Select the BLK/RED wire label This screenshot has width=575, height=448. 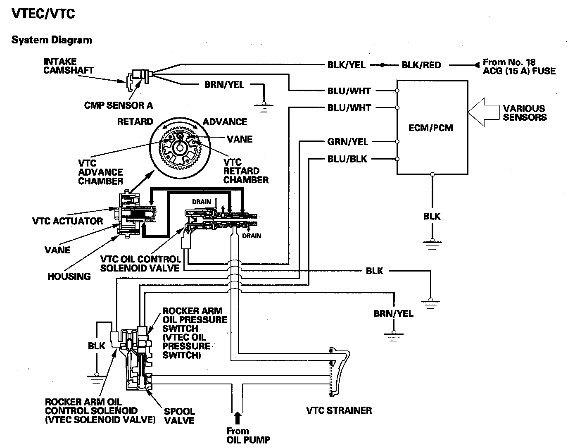421,65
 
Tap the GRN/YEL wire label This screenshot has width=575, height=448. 347,142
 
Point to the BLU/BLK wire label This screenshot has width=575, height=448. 347,159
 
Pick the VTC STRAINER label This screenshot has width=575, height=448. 339,410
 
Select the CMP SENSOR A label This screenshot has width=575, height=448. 118,105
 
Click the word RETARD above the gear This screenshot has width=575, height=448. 135,122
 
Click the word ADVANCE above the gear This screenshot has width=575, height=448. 225,122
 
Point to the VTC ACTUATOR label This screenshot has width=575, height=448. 67,221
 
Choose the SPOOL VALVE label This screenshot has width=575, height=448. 179,416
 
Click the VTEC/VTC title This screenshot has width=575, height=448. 43,14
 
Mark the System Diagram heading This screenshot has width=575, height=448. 52,40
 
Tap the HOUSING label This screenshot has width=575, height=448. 69,276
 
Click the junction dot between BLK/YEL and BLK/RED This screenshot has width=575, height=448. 383,65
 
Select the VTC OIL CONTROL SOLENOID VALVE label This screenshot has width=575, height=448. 140,264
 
